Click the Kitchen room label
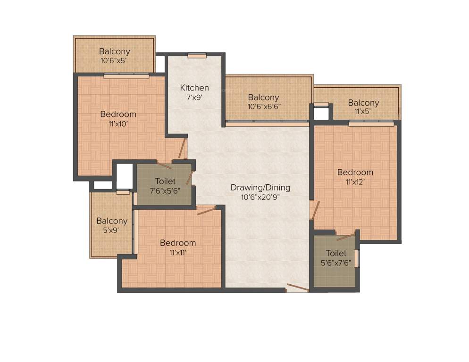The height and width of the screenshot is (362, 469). pos(194,88)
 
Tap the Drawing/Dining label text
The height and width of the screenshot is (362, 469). pos(260,188)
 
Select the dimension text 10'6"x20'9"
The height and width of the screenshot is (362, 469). pos(260,197)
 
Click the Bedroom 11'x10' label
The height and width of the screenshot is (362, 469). pos(118,114)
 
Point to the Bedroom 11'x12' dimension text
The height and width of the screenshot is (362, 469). pos(355,181)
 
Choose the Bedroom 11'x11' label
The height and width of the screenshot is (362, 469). pos(177,243)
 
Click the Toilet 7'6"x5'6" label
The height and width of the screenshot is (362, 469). pos(165,181)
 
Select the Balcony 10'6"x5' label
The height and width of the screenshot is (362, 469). pos(114,51)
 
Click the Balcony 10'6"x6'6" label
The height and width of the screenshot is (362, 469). pos(263,98)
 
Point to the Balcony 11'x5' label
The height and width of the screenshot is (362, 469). pos(363,103)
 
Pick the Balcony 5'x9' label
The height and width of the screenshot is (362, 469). pos(112,221)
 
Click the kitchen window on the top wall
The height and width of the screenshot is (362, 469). pos(197,56)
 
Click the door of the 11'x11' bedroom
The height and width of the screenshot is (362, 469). pos(206,210)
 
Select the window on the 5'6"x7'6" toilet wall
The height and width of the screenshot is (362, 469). pos(357,259)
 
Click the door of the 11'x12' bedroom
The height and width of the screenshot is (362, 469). pos(315,210)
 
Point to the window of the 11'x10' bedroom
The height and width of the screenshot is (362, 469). pos(126,75)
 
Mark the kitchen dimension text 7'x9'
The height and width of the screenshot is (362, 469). pos(194,98)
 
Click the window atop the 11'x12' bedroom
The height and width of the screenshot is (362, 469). pos(371,124)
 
